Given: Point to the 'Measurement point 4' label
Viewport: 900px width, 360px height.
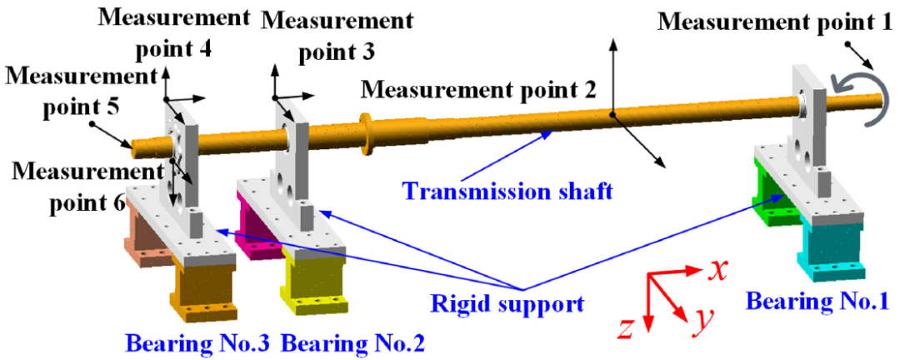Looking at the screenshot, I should coord(174,32).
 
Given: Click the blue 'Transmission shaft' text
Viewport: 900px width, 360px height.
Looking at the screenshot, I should coord(507,191).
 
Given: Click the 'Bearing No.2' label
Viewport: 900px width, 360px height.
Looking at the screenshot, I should coord(353,342).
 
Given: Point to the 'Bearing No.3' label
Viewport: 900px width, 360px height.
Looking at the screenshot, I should coord(197,342).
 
